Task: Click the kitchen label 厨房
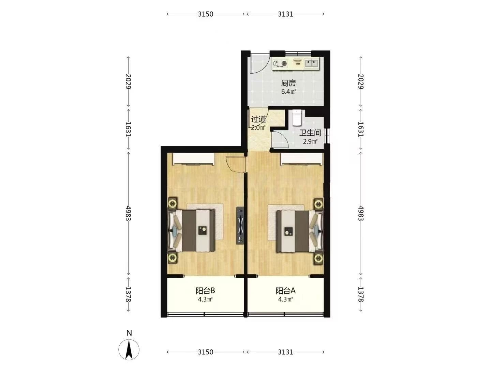tap(288, 83)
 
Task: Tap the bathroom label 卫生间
tap(310, 133)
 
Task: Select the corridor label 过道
tap(258, 119)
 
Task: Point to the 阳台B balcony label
tap(205, 291)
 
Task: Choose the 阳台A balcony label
tap(285, 291)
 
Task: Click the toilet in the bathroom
tap(297, 118)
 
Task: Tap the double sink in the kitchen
tap(311, 63)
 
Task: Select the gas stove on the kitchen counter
tap(280, 63)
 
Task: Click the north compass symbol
tap(129, 350)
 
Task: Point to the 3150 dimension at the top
tap(205, 14)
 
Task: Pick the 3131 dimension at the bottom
tap(285, 352)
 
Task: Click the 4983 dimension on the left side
tap(129, 213)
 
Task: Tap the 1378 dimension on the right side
tap(361, 294)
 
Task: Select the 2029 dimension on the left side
tap(129, 81)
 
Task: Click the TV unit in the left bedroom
tap(240, 226)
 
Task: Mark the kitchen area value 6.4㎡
tap(288, 91)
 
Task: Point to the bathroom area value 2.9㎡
tap(310, 141)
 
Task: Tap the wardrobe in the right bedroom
tap(302, 159)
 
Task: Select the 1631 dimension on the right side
tap(361, 129)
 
